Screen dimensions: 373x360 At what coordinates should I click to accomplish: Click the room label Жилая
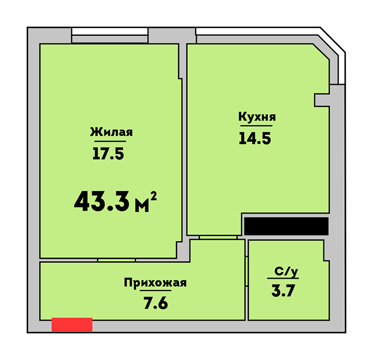[111, 132]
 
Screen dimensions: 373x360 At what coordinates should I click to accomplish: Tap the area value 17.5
[108, 153]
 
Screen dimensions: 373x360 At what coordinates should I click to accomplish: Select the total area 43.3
[102, 201]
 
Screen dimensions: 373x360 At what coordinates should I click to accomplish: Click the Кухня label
[257, 117]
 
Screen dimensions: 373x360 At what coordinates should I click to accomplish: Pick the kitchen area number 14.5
[255, 138]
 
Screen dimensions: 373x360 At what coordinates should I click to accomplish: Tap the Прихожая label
[155, 283]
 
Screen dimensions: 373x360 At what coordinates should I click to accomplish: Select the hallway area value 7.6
[156, 303]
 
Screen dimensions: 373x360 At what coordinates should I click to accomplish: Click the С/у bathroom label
[286, 272]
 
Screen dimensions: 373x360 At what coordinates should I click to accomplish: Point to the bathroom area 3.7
[283, 291]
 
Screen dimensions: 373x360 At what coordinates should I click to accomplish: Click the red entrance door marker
[72, 324]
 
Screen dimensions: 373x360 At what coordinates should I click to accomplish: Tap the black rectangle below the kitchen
[287, 226]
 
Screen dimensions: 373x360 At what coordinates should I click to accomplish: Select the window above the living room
[110, 36]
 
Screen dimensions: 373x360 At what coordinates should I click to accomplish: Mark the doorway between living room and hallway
[116, 260]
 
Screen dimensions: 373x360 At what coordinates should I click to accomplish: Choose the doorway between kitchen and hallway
[218, 238]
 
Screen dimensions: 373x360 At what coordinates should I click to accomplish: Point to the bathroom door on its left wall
[247, 271]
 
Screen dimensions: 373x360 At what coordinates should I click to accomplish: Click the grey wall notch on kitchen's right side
[322, 100]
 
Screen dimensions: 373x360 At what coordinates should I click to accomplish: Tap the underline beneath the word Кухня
[256, 126]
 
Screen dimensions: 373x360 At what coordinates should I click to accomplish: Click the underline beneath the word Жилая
[110, 141]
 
